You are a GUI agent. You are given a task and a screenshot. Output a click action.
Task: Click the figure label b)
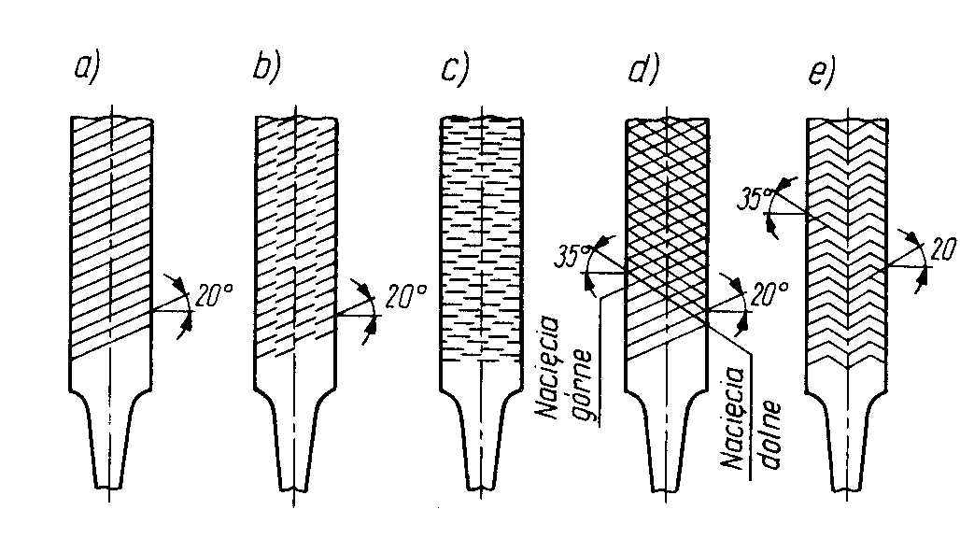266,70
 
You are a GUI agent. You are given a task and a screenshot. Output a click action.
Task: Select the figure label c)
454,70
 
